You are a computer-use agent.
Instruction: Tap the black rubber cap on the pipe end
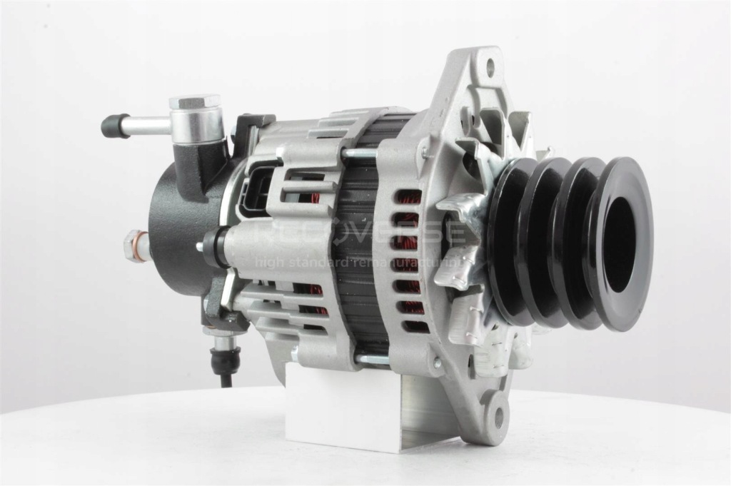[111, 126]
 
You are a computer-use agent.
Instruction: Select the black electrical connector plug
[254, 192]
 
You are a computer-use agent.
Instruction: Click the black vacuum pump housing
[178, 228]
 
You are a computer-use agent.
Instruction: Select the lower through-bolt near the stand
[371, 359]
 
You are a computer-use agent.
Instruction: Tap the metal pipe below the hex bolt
[146, 126]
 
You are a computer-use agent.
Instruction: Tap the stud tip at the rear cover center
[201, 248]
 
